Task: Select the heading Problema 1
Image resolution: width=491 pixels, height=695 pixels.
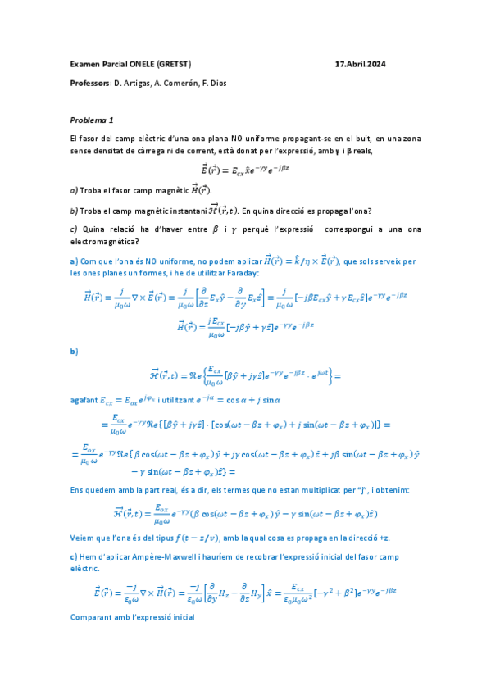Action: click(92, 119)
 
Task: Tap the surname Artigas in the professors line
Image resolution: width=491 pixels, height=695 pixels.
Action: click(134, 84)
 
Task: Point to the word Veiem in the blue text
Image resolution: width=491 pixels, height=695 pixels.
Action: click(83, 537)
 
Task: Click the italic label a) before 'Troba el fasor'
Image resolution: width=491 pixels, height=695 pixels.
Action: click(74, 190)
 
